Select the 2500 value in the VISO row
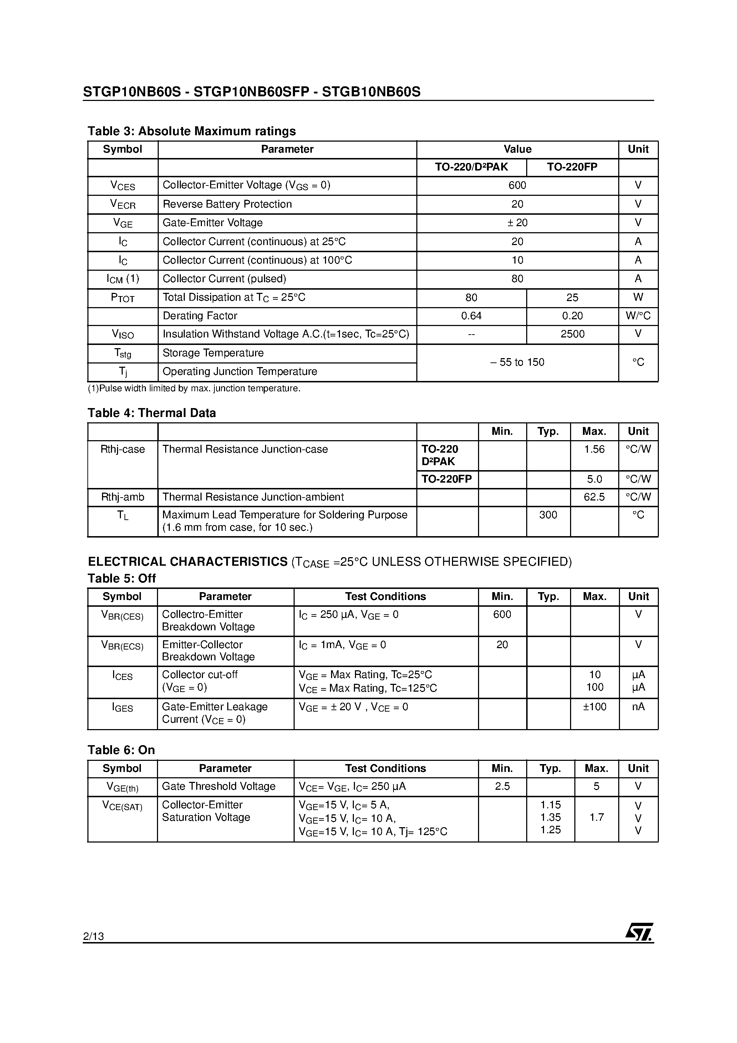pyautogui.click(x=572, y=334)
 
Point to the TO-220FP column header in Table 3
pyautogui.click(x=572, y=167)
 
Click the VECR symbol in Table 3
pyautogui.click(x=123, y=204)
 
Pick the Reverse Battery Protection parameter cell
pyautogui.click(x=227, y=204)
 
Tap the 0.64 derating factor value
pyautogui.click(x=471, y=316)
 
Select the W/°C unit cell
pyautogui.click(x=638, y=316)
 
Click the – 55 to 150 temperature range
pyautogui.click(x=517, y=362)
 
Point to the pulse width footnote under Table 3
pyautogui.click(x=194, y=389)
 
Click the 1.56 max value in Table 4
pyautogui.click(x=594, y=450)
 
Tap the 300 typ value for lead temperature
pyautogui.click(x=548, y=515)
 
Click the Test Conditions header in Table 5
pyautogui.click(x=385, y=597)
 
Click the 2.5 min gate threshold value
pyautogui.click(x=502, y=786)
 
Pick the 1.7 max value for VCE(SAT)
pyautogui.click(x=596, y=818)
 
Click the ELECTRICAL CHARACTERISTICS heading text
pyautogui.click(x=188, y=562)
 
